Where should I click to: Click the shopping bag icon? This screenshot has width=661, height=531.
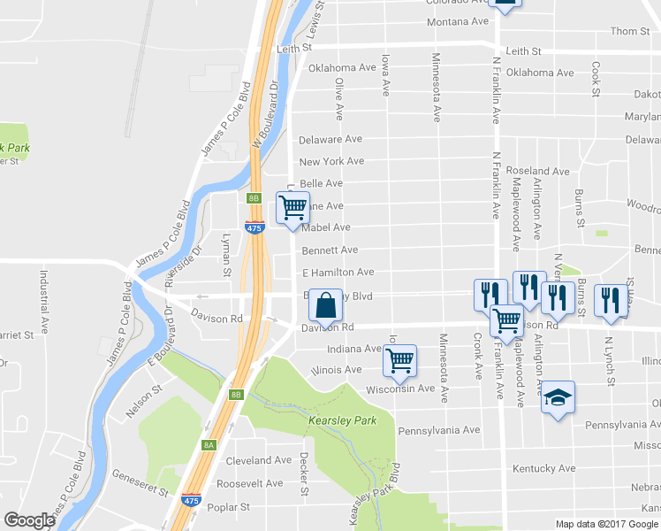point(326,305)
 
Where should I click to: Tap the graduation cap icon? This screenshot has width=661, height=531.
point(557,396)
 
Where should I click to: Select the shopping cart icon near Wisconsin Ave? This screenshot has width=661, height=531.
point(400,359)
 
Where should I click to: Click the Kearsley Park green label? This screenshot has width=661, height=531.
point(342,419)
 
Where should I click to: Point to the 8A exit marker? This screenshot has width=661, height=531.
point(209,444)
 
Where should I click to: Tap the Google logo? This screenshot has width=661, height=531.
point(29,520)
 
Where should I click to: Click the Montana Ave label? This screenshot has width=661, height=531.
point(457,22)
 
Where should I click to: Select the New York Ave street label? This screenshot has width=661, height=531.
point(331,162)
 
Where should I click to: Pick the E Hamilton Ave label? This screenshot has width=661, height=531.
point(338,273)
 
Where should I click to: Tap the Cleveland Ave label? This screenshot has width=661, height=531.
point(258,460)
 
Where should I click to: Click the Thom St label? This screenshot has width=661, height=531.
point(630,31)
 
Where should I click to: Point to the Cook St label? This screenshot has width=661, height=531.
point(596,79)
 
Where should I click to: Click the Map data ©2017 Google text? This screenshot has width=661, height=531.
point(607,524)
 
